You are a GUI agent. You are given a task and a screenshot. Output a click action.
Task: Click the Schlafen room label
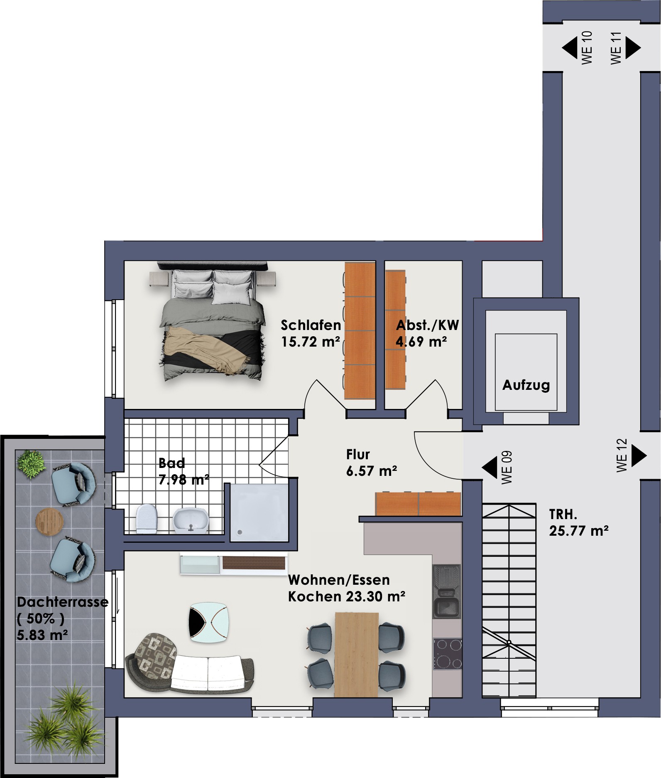coord(311,325)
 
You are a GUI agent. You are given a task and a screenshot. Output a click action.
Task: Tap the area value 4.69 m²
coord(421,342)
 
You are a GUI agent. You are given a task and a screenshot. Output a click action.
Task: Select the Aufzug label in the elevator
coord(526,385)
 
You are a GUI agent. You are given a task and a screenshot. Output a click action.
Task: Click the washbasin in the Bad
coord(190,520)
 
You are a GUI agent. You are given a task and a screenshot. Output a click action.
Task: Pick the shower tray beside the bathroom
coord(259,513)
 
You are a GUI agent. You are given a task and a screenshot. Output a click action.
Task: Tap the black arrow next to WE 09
coord(490,467)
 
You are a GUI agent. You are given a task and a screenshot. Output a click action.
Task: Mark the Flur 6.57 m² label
coord(372,463)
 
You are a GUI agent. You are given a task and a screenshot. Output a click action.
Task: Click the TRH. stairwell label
coord(563,515)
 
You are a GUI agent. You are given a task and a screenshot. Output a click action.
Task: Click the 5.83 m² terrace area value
coord(43,635)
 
